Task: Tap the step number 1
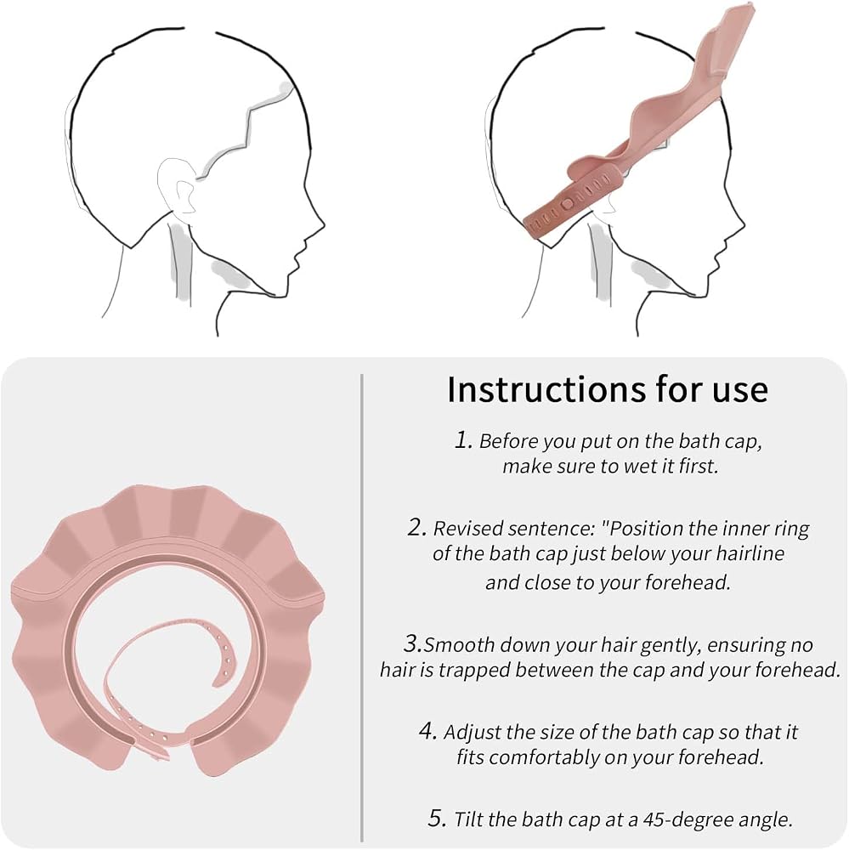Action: [x=463, y=439]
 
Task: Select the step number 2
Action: [x=416, y=527]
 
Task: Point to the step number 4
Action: [x=427, y=731]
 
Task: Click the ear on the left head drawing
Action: [x=178, y=186]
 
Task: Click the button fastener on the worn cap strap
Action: [x=567, y=204]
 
